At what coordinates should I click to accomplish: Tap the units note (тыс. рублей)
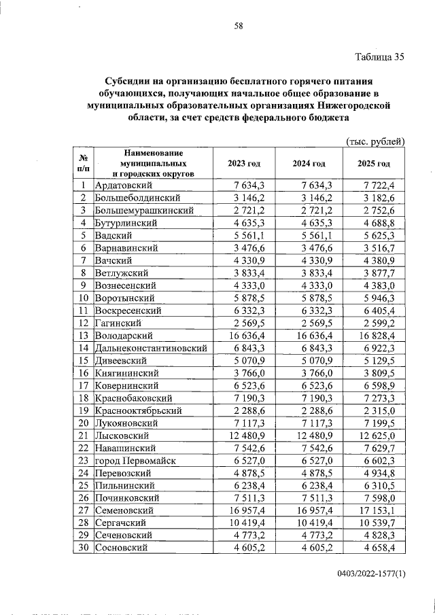point(375,141)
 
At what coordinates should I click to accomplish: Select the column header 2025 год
point(373,164)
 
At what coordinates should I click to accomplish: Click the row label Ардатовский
point(123,186)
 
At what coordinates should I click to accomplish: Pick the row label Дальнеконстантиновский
point(151,348)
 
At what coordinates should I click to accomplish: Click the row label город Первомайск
point(136,461)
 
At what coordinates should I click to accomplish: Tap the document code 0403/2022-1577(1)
point(370,574)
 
